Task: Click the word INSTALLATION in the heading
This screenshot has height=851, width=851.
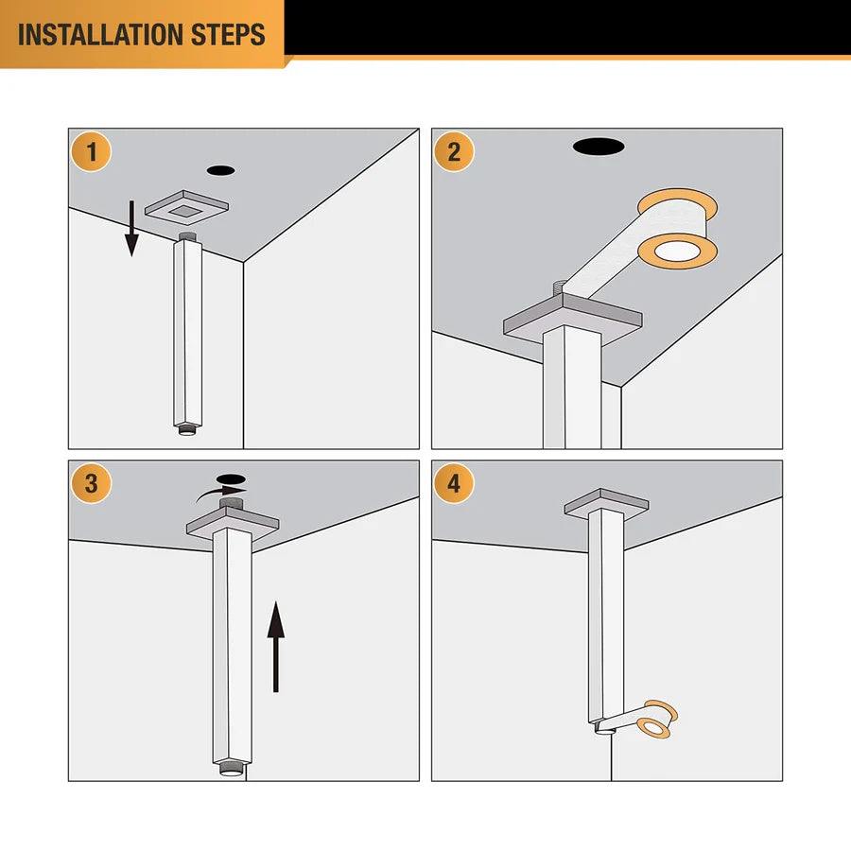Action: pyautogui.click(x=100, y=34)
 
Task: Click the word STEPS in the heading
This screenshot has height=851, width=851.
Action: pyautogui.click(x=228, y=34)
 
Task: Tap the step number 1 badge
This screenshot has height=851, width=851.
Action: pyautogui.click(x=91, y=152)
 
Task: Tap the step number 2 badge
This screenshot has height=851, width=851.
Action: pyautogui.click(x=454, y=152)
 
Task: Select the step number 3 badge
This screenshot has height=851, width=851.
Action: pyautogui.click(x=91, y=483)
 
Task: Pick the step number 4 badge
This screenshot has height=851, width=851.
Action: pyautogui.click(x=454, y=483)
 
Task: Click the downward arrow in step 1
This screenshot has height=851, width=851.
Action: pyautogui.click(x=131, y=228)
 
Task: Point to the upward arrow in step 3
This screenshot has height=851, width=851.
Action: pyautogui.click(x=276, y=647)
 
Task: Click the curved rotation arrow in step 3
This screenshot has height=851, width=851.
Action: pyautogui.click(x=219, y=493)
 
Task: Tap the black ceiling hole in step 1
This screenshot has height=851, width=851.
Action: pyautogui.click(x=221, y=170)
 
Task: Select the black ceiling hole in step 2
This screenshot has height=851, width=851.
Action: pyautogui.click(x=599, y=147)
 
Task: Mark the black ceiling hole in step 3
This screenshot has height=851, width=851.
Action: pyautogui.click(x=232, y=479)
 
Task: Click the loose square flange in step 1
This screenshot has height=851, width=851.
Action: pyautogui.click(x=186, y=207)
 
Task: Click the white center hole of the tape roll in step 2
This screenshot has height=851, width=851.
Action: pyautogui.click(x=676, y=252)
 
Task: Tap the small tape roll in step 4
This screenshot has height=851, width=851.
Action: pyautogui.click(x=658, y=721)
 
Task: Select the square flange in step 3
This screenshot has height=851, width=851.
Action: pyautogui.click(x=233, y=523)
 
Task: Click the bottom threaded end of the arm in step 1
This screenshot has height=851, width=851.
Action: pyautogui.click(x=187, y=431)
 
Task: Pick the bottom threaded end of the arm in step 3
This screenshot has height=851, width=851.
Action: pyautogui.click(x=232, y=769)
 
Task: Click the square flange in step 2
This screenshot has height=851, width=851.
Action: pyautogui.click(x=573, y=321)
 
